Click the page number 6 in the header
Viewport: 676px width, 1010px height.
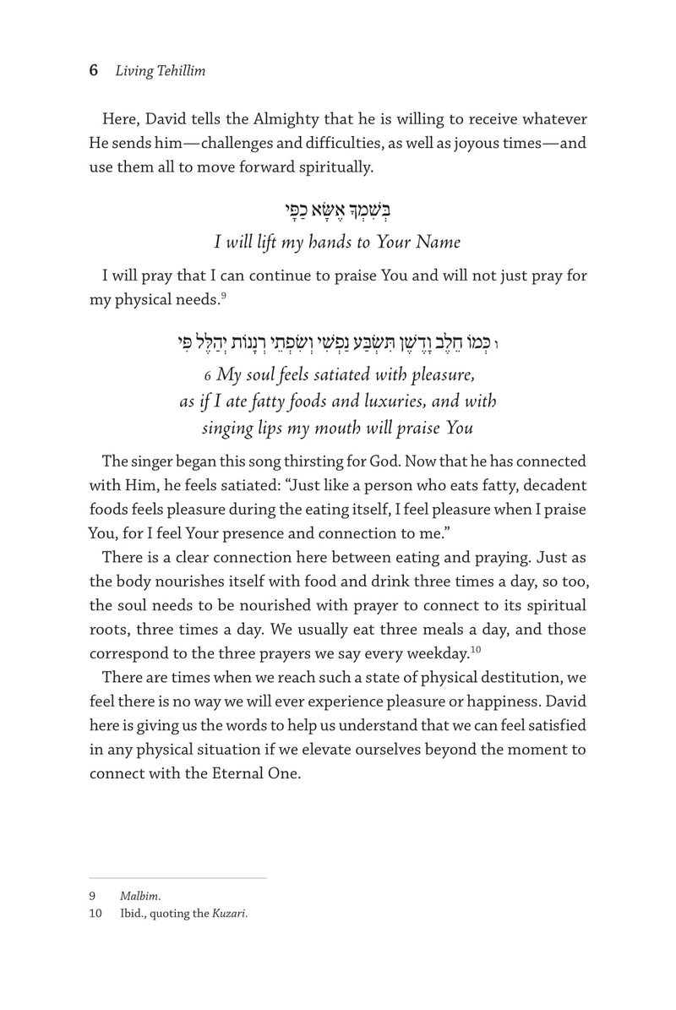94,71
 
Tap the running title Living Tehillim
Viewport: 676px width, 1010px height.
161,72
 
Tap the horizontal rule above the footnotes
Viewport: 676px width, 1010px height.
177,878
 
